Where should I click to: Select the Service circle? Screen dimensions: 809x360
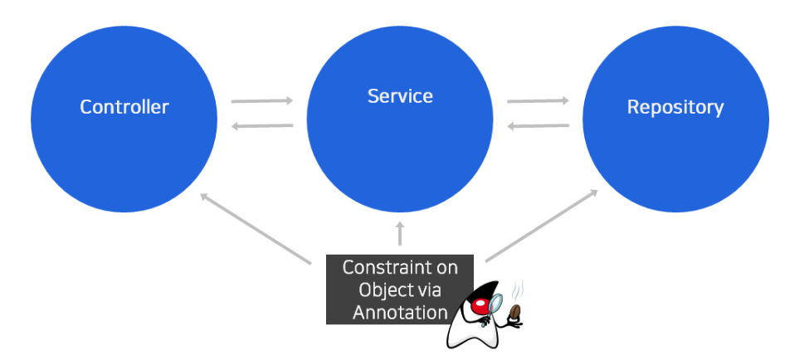(x=400, y=133)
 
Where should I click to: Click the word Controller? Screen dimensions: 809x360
(x=124, y=107)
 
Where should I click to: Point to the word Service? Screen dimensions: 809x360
(x=400, y=96)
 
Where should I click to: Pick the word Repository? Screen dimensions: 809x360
(x=675, y=107)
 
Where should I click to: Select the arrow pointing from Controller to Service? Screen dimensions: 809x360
(x=262, y=101)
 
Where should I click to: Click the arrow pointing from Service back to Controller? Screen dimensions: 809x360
(x=262, y=126)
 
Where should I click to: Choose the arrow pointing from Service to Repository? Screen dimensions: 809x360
(x=538, y=101)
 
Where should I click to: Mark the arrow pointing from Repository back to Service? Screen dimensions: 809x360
(x=538, y=126)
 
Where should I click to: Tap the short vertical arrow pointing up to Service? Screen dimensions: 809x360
(x=400, y=233)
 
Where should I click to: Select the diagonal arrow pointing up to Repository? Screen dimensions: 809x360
(x=542, y=226)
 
